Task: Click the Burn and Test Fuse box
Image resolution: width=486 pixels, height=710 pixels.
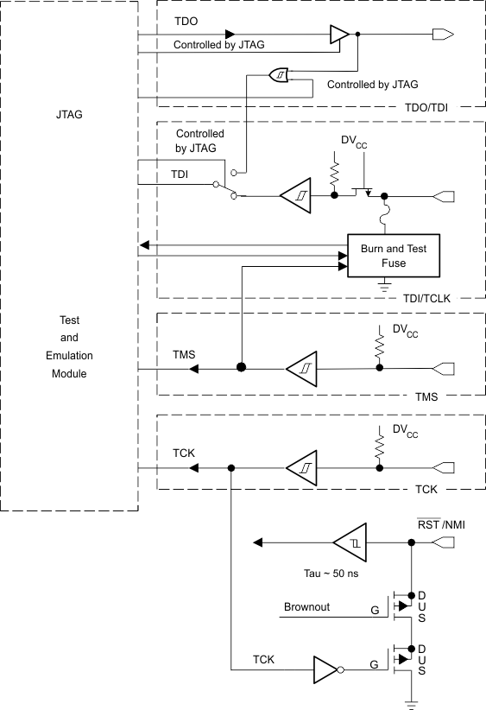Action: click(393, 255)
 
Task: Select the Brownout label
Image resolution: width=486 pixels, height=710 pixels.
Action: click(307, 607)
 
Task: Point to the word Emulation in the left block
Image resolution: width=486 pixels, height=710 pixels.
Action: click(69, 355)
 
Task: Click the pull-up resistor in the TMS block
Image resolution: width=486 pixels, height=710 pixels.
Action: click(379, 346)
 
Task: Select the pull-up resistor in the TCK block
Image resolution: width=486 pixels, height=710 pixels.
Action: click(379, 446)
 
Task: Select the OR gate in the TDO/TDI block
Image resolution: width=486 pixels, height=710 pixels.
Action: click(281, 75)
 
